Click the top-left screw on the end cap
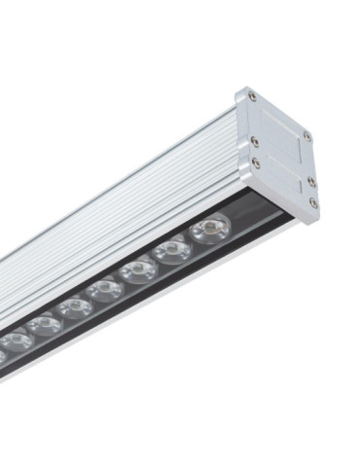pyautogui.click(x=253, y=96)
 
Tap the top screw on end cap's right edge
pyautogui.click(x=306, y=137)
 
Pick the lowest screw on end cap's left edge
pyautogui.click(x=258, y=163)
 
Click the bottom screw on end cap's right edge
pyautogui.click(x=313, y=202)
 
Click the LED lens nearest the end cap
pyautogui.click(x=209, y=230)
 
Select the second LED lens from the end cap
pyautogui.click(x=173, y=249)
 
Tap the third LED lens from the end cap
pyautogui.click(x=138, y=269)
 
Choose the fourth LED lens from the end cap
pyautogui.click(x=103, y=289)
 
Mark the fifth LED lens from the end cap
pyautogui.click(x=73, y=307)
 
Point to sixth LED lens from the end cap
pyautogui.click(x=44, y=324)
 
